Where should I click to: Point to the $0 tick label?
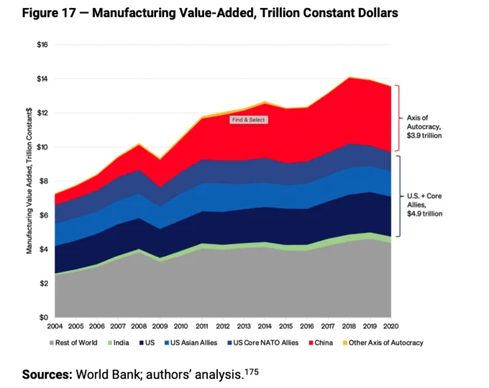pyautogui.click(x=42, y=318)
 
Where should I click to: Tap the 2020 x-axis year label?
pyautogui.click(x=391, y=327)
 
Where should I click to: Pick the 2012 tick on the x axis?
pyautogui.click(x=223, y=327)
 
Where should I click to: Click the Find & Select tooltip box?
pyautogui.click(x=248, y=120)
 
